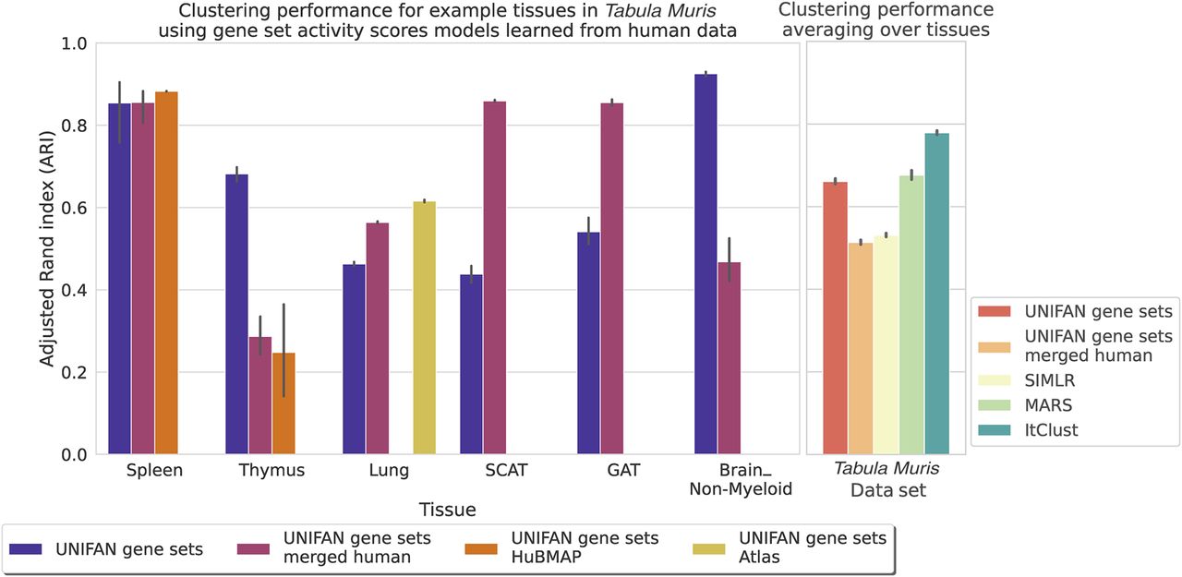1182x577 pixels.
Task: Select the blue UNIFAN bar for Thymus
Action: click(236, 314)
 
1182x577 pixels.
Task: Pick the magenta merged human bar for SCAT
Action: click(495, 278)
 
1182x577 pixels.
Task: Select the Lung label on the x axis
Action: click(389, 471)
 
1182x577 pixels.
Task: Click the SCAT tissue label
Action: click(506, 471)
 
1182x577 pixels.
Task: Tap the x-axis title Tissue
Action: click(447, 509)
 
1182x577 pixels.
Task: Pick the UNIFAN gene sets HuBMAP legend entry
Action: click(584, 548)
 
